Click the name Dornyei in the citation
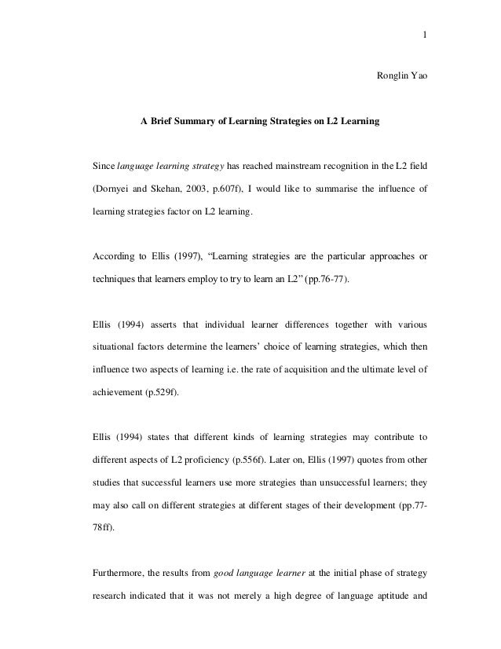(x=114, y=189)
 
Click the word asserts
(x=159, y=322)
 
